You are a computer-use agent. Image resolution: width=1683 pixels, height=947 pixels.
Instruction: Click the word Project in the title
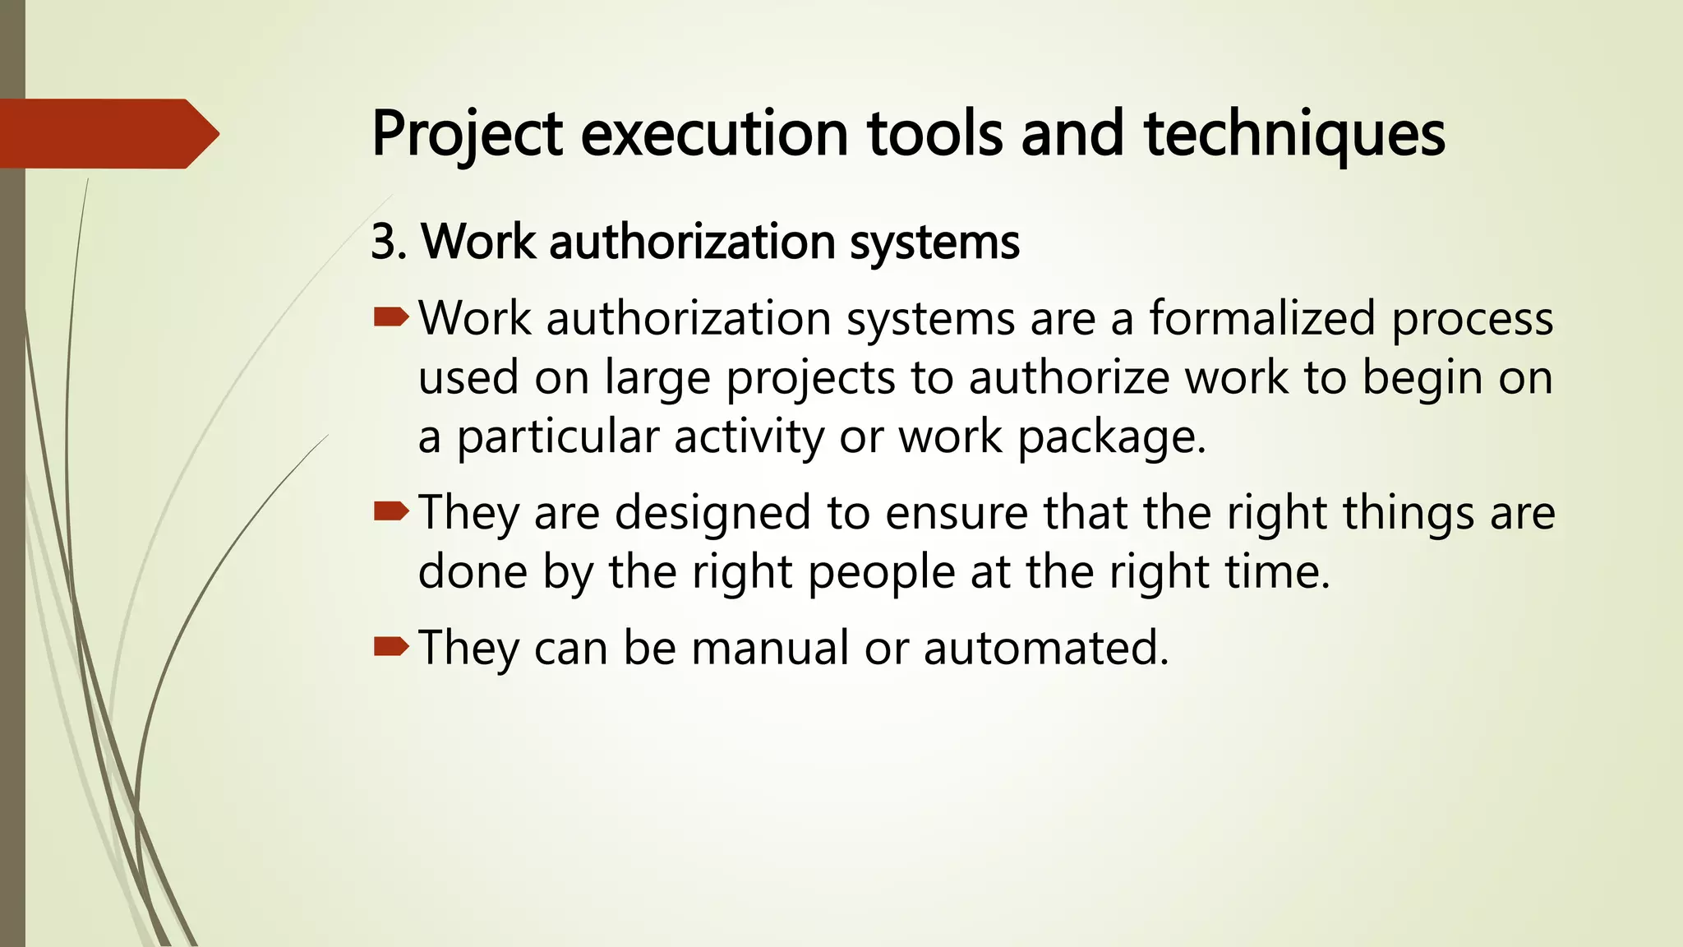[x=467, y=134]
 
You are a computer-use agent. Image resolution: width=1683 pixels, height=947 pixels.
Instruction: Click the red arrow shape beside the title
[x=108, y=134]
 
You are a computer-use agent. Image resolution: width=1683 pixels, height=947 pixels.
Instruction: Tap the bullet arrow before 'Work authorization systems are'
[x=390, y=317]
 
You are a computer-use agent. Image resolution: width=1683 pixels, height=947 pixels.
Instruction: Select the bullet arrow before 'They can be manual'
[x=390, y=648]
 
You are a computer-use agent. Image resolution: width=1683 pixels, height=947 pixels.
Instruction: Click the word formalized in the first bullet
[x=1261, y=319]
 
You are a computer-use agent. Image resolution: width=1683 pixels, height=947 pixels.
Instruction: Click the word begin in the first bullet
[x=1422, y=380]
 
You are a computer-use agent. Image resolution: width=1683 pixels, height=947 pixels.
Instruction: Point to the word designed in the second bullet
[x=713, y=515]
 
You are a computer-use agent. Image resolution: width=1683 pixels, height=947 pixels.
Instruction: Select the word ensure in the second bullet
[x=957, y=515]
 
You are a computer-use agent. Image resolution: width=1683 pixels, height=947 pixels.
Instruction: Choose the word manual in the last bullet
[x=770, y=648]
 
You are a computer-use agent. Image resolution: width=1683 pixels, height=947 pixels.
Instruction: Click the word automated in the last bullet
[x=1044, y=648]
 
